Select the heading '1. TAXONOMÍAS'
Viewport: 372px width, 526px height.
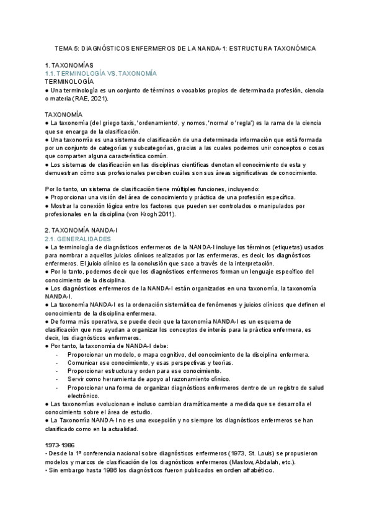[69, 65]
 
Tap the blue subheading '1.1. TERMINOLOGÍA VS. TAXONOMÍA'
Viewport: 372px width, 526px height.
[101, 73]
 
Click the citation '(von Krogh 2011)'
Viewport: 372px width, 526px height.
[151, 214]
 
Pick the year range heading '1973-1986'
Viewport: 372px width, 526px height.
[60, 445]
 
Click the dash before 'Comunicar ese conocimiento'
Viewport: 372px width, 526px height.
[57, 362]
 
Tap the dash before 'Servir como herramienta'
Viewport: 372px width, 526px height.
[57, 379]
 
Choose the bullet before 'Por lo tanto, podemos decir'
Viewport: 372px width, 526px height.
[48, 272]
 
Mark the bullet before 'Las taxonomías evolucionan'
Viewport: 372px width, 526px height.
[48, 404]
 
